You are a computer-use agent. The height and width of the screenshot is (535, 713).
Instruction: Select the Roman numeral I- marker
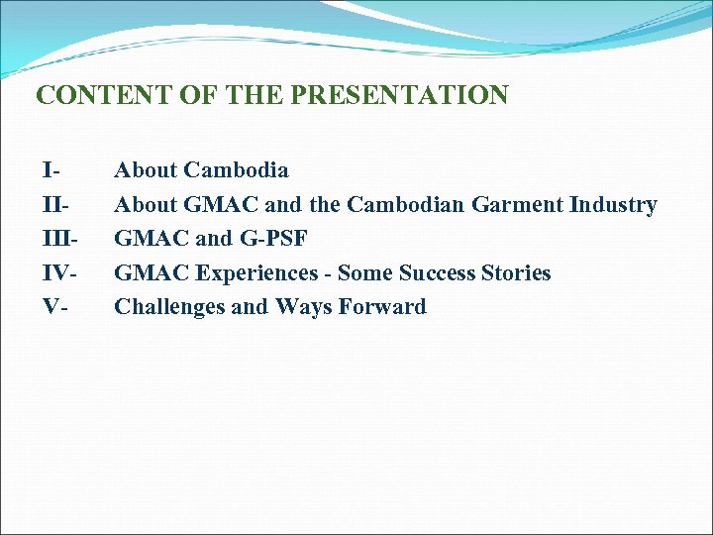pyautogui.click(x=50, y=171)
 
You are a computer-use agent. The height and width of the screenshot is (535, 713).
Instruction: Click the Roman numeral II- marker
pyautogui.click(x=53, y=205)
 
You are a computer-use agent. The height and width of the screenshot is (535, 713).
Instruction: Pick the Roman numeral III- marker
pyautogui.click(x=57, y=239)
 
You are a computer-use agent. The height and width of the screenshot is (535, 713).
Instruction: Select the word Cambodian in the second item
pyautogui.click(x=406, y=205)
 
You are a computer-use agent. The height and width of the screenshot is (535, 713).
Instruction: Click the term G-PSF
pyautogui.click(x=273, y=239)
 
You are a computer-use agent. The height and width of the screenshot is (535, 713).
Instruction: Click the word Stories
pyautogui.click(x=516, y=272)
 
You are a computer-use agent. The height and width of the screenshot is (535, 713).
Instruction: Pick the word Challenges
pyautogui.click(x=169, y=306)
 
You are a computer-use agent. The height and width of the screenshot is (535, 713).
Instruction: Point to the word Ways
pyautogui.click(x=302, y=306)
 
